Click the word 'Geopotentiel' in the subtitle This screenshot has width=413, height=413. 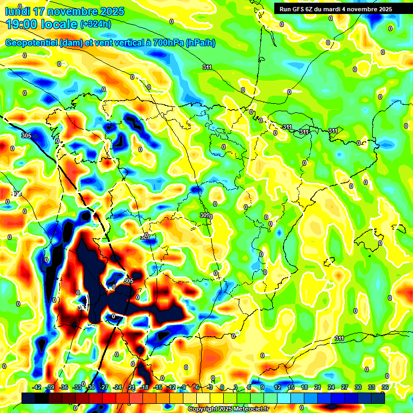point(31,42)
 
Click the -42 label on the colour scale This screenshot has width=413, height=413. point(37,388)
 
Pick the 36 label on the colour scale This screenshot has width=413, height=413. point(384,388)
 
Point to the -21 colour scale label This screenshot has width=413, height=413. point(131,388)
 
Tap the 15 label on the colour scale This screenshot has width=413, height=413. point(290,388)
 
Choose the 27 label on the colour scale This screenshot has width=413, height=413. point(344,388)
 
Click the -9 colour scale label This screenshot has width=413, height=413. point(184,388)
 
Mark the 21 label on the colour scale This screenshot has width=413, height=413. point(317,388)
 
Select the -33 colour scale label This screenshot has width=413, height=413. point(77,388)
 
